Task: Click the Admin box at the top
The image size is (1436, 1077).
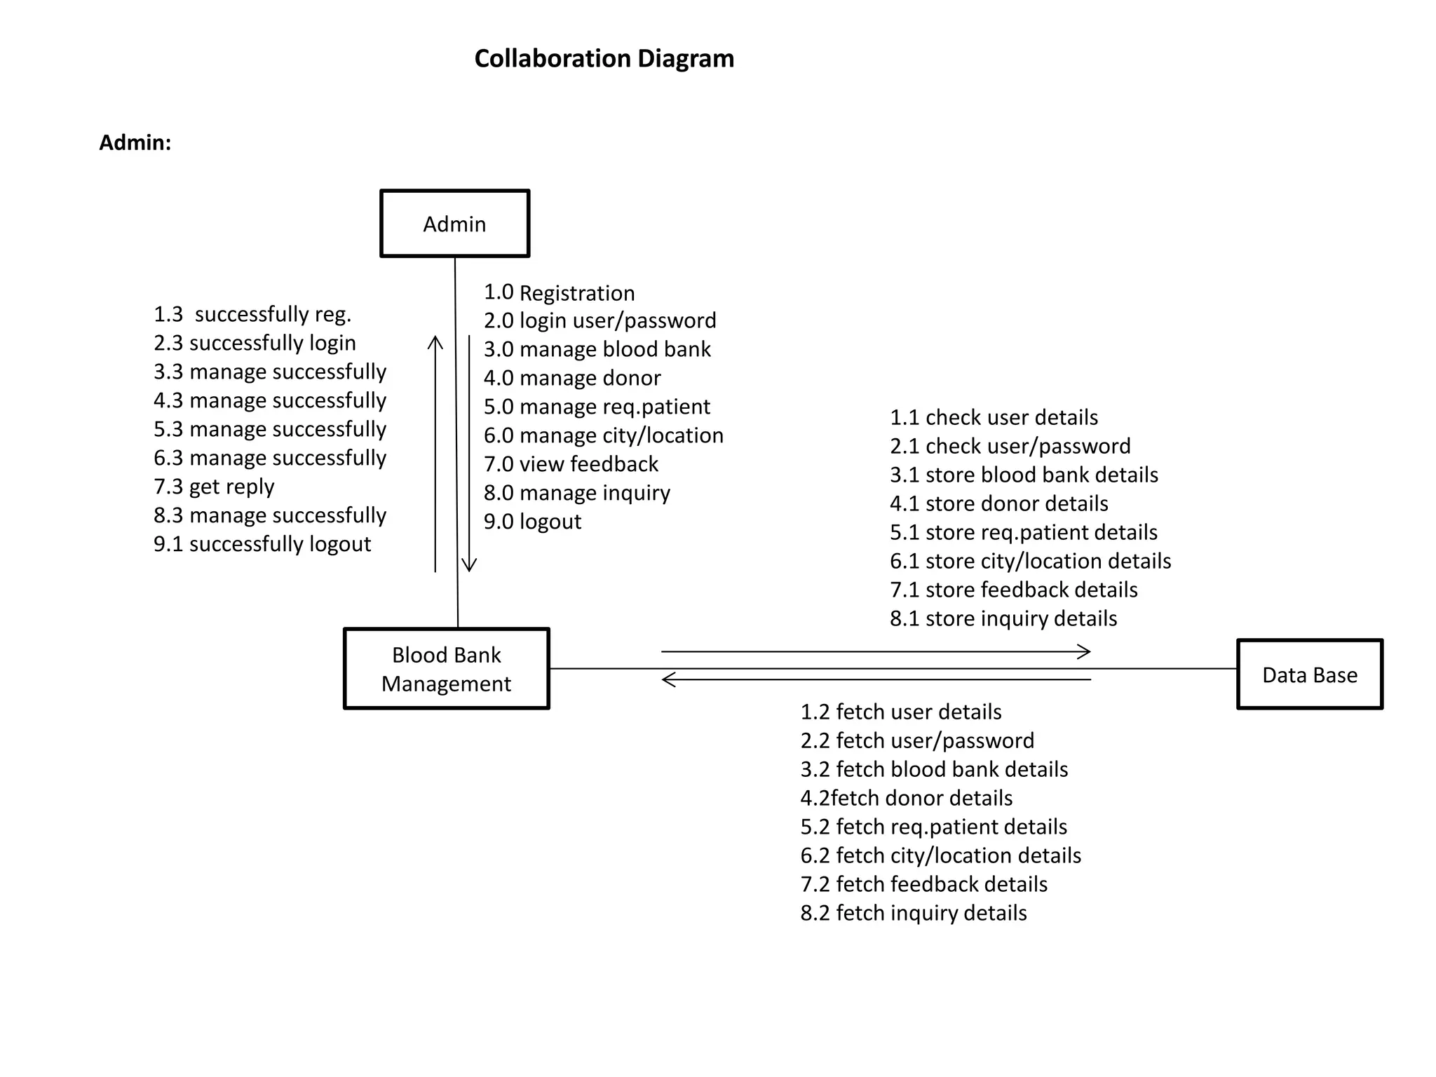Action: tap(454, 224)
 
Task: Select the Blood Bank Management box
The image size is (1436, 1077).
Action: tap(447, 669)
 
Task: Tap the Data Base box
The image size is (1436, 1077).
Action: tap(1309, 675)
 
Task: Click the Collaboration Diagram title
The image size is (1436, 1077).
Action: tap(604, 58)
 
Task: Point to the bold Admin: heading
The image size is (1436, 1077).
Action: tap(135, 142)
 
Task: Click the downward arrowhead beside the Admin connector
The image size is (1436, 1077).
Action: tap(469, 566)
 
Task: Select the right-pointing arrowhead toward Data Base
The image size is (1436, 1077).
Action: tap(1085, 652)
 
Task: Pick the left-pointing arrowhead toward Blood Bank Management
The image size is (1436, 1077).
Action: tap(668, 679)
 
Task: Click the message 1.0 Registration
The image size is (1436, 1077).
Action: tap(559, 292)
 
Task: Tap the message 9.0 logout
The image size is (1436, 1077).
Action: tap(532, 522)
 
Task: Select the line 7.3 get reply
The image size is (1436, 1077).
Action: tap(214, 487)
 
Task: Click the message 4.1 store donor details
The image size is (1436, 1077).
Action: tap(998, 503)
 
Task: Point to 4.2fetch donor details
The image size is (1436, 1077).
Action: tap(906, 798)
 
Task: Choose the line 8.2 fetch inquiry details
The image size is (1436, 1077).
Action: tap(913, 913)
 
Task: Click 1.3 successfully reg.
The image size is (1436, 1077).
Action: tap(252, 314)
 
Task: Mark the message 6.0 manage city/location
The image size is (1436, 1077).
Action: tap(603, 435)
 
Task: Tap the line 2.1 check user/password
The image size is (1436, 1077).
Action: tap(1010, 446)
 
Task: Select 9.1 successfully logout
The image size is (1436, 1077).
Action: tap(262, 544)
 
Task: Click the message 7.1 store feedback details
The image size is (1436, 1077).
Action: tap(1013, 590)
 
